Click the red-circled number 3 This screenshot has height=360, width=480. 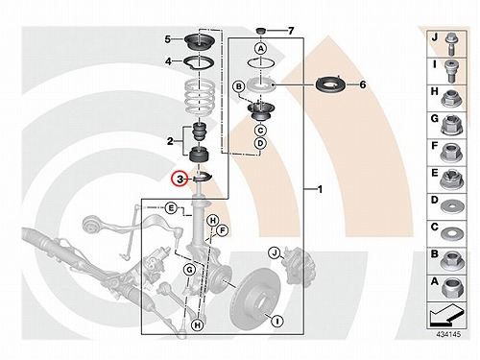coord(180,179)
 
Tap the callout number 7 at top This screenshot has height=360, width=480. coord(291,31)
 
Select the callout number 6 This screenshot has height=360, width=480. coord(363,84)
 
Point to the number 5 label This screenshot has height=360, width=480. coord(168,39)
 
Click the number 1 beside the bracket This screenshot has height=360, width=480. coord(320,189)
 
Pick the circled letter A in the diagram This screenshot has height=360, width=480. coord(261,49)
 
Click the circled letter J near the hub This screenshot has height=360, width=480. coord(275,252)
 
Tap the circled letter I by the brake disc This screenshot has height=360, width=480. coord(277,321)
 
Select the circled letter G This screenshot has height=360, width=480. coord(189,270)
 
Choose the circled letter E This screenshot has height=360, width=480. coord(171,208)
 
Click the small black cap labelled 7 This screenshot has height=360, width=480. coord(261,31)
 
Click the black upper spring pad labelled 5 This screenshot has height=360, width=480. coord(200,41)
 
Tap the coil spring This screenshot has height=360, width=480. coord(200,97)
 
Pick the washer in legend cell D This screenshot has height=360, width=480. coord(452,206)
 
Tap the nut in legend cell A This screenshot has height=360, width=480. coord(452,287)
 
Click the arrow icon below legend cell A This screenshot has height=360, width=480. coord(446,315)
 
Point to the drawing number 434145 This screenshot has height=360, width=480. coord(449,334)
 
